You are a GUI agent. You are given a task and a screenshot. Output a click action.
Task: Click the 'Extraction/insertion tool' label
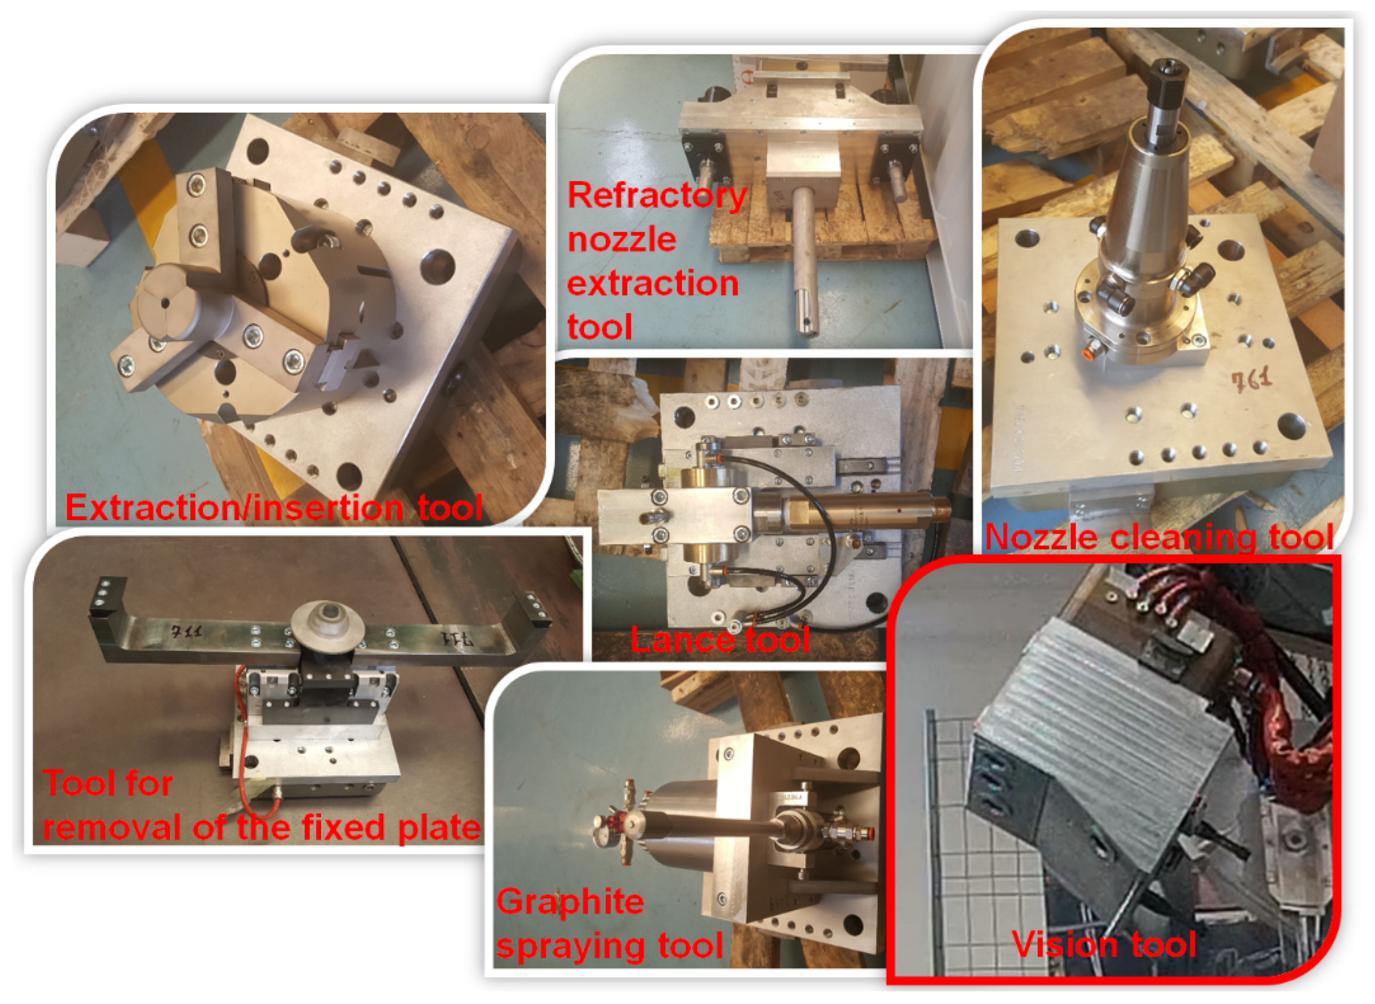point(274,508)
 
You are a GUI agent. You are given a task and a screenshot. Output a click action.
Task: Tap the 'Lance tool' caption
point(720,640)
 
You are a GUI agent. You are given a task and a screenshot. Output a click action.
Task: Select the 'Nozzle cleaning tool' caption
point(1159,537)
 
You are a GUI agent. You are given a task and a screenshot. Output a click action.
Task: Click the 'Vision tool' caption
point(1104,945)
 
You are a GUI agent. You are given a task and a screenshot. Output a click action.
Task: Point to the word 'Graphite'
point(570,902)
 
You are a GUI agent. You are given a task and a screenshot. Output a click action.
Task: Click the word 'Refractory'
point(657,196)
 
